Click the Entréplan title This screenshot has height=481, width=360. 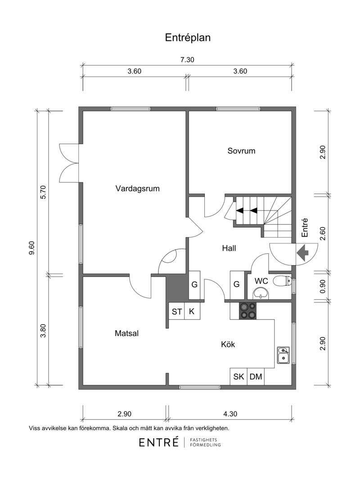point(188,38)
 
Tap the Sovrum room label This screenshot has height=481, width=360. point(241,151)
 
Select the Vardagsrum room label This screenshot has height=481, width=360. point(138,189)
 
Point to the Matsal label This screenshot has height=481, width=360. point(126,333)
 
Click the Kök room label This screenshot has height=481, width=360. point(228,345)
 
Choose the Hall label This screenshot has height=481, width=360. point(229,248)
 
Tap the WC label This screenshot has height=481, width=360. point(261,281)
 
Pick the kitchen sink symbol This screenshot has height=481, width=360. point(283,355)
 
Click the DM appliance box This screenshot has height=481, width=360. point(256,377)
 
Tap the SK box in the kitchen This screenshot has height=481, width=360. point(238,377)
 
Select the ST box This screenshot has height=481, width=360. point(177,311)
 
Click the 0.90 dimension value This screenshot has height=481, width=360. point(322,286)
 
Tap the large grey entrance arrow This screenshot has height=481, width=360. point(301,253)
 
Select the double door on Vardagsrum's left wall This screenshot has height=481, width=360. point(70,162)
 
